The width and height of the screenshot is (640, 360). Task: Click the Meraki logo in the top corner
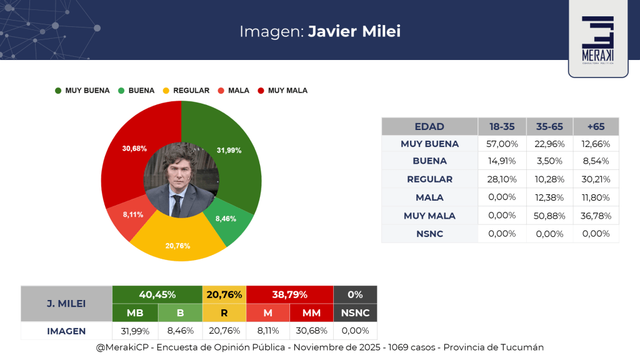click(x=597, y=39)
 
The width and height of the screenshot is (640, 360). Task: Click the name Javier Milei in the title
click(x=354, y=31)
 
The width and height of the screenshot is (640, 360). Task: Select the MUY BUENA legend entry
click(x=82, y=91)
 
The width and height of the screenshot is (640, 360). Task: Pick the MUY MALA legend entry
click(x=282, y=91)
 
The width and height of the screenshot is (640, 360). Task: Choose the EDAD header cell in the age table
click(x=429, y=126)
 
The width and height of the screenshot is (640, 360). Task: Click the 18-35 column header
click(x=502, y=126)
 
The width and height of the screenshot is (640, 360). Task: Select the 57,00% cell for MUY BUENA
click(x=502, y=144)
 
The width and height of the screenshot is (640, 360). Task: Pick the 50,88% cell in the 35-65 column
click(x=549, y=216)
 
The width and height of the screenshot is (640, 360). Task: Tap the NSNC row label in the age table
click(x=429, y=234)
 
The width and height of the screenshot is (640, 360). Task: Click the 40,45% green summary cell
click(x=157, y=294)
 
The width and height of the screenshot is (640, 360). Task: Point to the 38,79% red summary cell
click(x=289, y=294)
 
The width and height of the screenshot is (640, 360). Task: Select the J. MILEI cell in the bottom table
click(x=66, y=304)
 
